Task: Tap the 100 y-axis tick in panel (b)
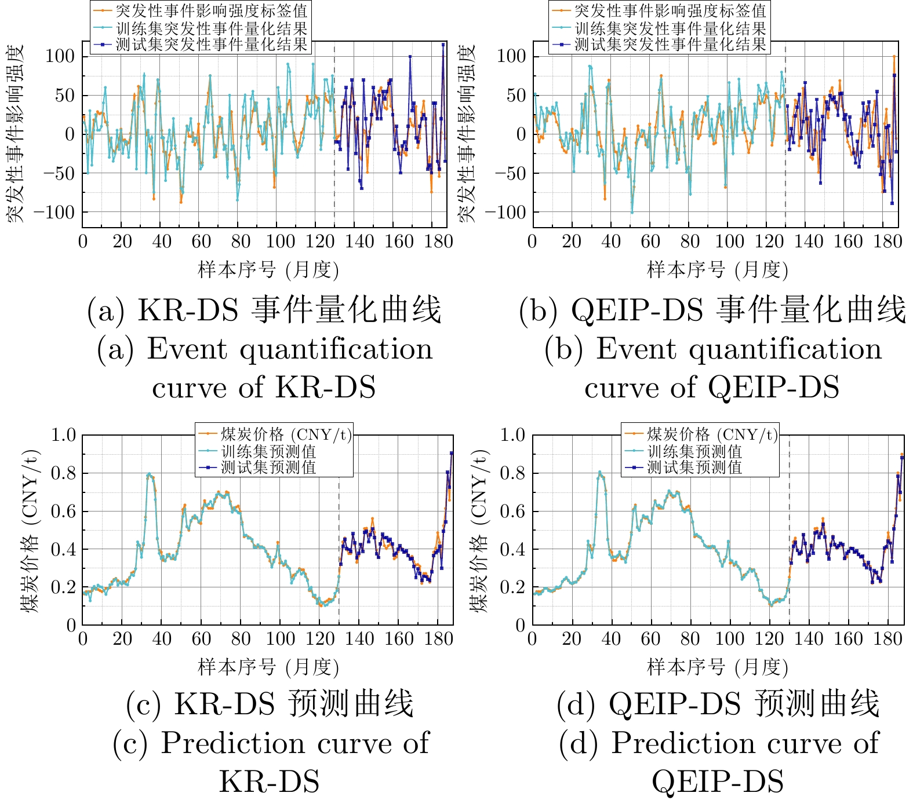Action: click(511, 56)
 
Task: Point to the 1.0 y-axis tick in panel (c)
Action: click(63, 434)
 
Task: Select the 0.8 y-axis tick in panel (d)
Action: click(512, 473)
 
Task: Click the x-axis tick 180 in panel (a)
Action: click(438, 242)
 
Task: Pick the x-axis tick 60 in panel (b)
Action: click(650, 242)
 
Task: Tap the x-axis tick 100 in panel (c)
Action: click(280, 638)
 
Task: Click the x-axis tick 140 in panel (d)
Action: click(809, 638)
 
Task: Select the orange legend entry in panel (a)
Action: click(211, 10)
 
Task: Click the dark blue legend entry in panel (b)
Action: click(670, 44)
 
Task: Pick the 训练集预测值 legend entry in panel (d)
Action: click(694, 451)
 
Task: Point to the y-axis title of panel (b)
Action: click(467, 133)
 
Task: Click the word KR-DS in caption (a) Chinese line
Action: click(188, 310)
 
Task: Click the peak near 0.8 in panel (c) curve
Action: click(149, 474)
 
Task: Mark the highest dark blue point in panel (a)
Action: click(443, 45)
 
